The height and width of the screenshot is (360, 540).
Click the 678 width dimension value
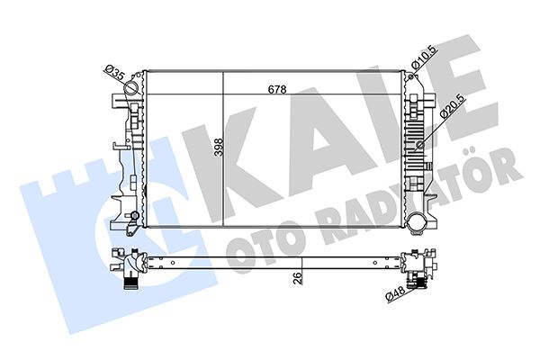point(276,89)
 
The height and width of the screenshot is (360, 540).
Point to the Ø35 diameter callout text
point(114,71)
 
